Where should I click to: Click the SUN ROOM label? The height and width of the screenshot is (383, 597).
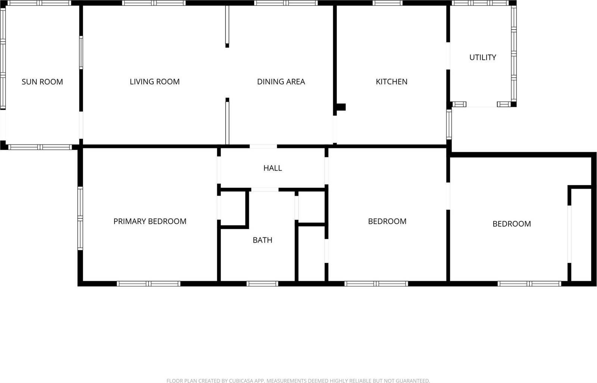point(42,82)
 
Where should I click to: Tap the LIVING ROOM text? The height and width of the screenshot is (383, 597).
point(154,82)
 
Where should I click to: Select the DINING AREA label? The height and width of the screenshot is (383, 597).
point(281,82)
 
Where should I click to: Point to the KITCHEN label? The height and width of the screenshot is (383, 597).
point(391,82)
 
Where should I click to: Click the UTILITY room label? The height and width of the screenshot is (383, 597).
point(482,57)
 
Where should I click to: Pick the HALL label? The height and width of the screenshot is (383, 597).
point(272,168)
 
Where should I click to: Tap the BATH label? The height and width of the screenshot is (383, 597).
point(262,240)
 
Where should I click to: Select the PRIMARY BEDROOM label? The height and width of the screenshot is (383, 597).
point(150,221)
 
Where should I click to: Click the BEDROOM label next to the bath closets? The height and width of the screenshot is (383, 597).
point(387,221)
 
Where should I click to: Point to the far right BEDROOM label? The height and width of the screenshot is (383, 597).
point(512,224)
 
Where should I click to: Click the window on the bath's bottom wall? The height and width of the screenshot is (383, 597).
point(262,284)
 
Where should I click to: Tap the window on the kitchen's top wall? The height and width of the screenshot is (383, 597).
point(387,3)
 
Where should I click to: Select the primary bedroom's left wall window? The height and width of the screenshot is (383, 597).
point(80,218)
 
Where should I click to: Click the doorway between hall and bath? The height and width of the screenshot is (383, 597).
point(265,190)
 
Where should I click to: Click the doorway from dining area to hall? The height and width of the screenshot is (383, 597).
point(263,146)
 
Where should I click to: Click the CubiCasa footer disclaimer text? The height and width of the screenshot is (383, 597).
point(298,380)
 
